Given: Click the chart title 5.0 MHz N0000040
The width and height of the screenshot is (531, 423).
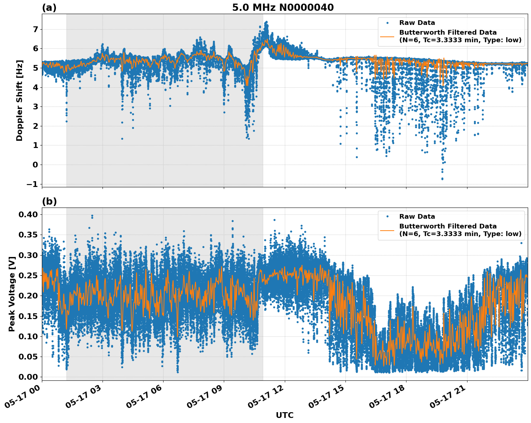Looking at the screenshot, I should click(283, 8).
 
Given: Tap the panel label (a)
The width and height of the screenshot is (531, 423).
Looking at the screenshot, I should click(49, 8).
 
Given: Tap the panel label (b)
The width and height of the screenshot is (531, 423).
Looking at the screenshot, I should click(49, 201).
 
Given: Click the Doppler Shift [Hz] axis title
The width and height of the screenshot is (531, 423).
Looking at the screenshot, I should click(19, 100).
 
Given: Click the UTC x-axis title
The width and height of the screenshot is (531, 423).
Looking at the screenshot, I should click(284, 415).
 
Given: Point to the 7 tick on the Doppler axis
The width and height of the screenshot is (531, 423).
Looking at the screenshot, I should click(35, 29).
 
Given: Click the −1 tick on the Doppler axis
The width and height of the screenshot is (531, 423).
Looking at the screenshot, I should click(32, 184).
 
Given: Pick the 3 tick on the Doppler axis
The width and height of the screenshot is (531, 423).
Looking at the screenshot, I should click(35, 106).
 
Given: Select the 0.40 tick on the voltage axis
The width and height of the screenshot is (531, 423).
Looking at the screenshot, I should click(29, 214).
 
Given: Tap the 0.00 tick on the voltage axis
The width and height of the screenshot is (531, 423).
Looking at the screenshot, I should click(29, 377).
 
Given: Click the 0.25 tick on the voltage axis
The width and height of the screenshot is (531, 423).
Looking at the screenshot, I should click(29, 275).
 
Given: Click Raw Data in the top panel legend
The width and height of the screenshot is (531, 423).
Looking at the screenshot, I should click(417, 23).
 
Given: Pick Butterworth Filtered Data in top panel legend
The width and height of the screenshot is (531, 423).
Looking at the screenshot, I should click(448, 32).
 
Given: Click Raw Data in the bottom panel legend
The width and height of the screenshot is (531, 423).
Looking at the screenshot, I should click(417, 217).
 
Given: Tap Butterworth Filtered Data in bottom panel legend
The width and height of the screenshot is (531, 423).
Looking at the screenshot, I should click(448, 226).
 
